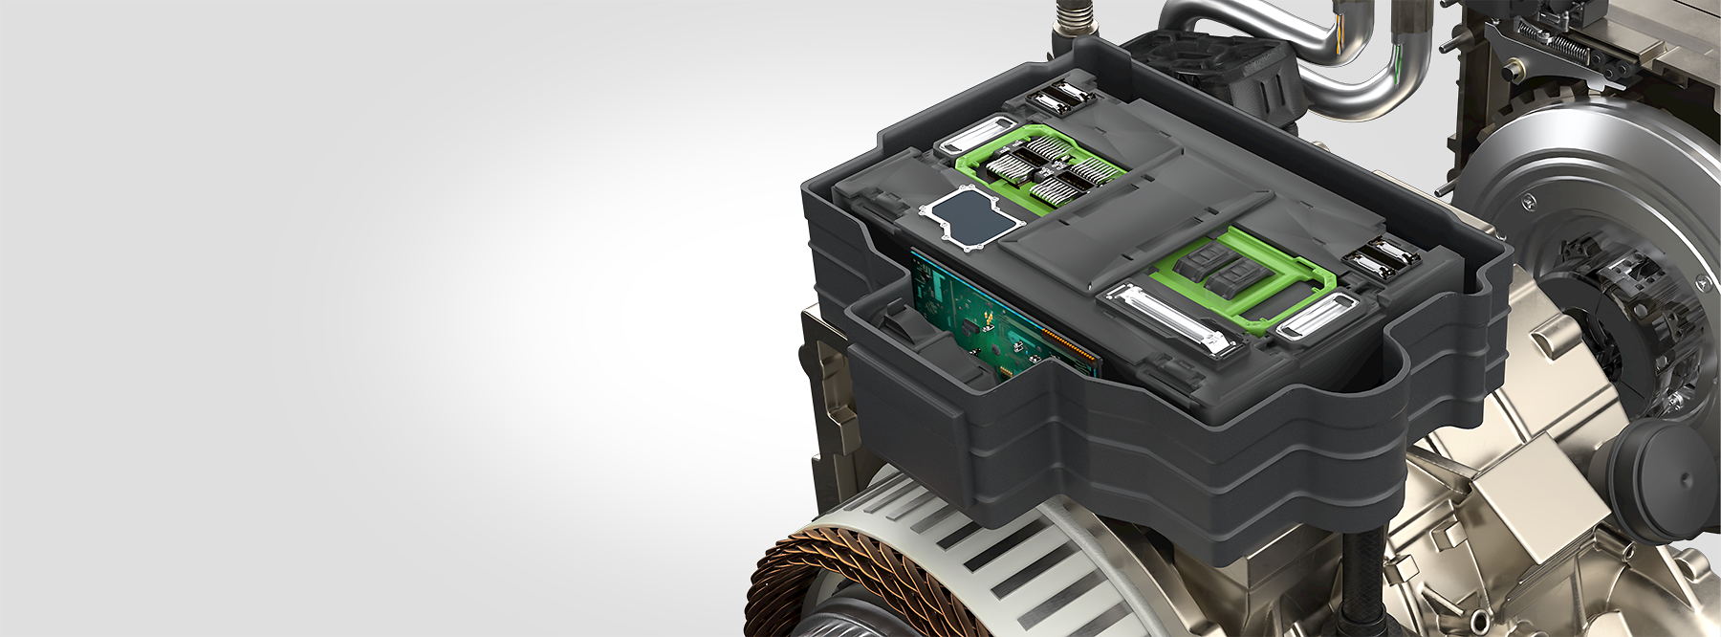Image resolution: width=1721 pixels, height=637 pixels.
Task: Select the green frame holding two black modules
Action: [1243, 277]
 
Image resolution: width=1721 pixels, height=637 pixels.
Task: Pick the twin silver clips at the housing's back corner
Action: [1057, 97]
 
